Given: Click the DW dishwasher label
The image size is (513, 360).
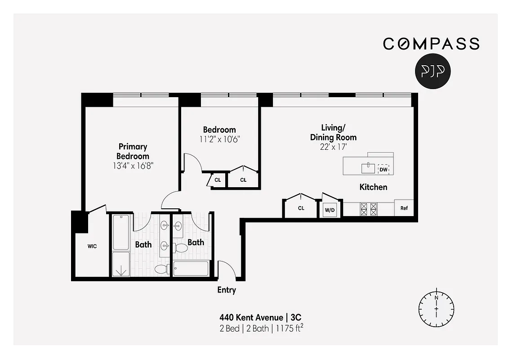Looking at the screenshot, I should [x=384, y=169].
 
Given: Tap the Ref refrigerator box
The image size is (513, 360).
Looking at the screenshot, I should [x=404, y=208].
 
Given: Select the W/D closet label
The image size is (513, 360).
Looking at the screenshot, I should [x=330, y=209].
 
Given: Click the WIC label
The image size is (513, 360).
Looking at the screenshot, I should [x=92, y=246].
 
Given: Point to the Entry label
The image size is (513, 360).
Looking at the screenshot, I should [x=227, y=290].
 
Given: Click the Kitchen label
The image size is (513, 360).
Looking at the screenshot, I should [x=373, y=187].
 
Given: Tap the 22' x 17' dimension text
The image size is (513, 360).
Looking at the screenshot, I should [x=333, y=146].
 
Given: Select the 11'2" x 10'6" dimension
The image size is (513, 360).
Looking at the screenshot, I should [x=219, y=139].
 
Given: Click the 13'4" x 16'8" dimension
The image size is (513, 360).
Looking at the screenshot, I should [x=133, y=166].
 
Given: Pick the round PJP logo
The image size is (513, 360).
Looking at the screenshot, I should [x=433, y=72].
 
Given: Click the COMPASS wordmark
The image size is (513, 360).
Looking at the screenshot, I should [x=431, y=44].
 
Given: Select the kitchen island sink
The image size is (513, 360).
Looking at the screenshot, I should [x=368, y=168].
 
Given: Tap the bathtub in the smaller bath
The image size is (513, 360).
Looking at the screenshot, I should [x=191, y=269].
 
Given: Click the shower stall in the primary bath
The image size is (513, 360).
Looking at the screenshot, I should [x=120, y=265].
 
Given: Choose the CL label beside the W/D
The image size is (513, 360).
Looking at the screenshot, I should [x=301, y=208].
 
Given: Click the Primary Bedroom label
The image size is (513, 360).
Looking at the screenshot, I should [x=133, y=151].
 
